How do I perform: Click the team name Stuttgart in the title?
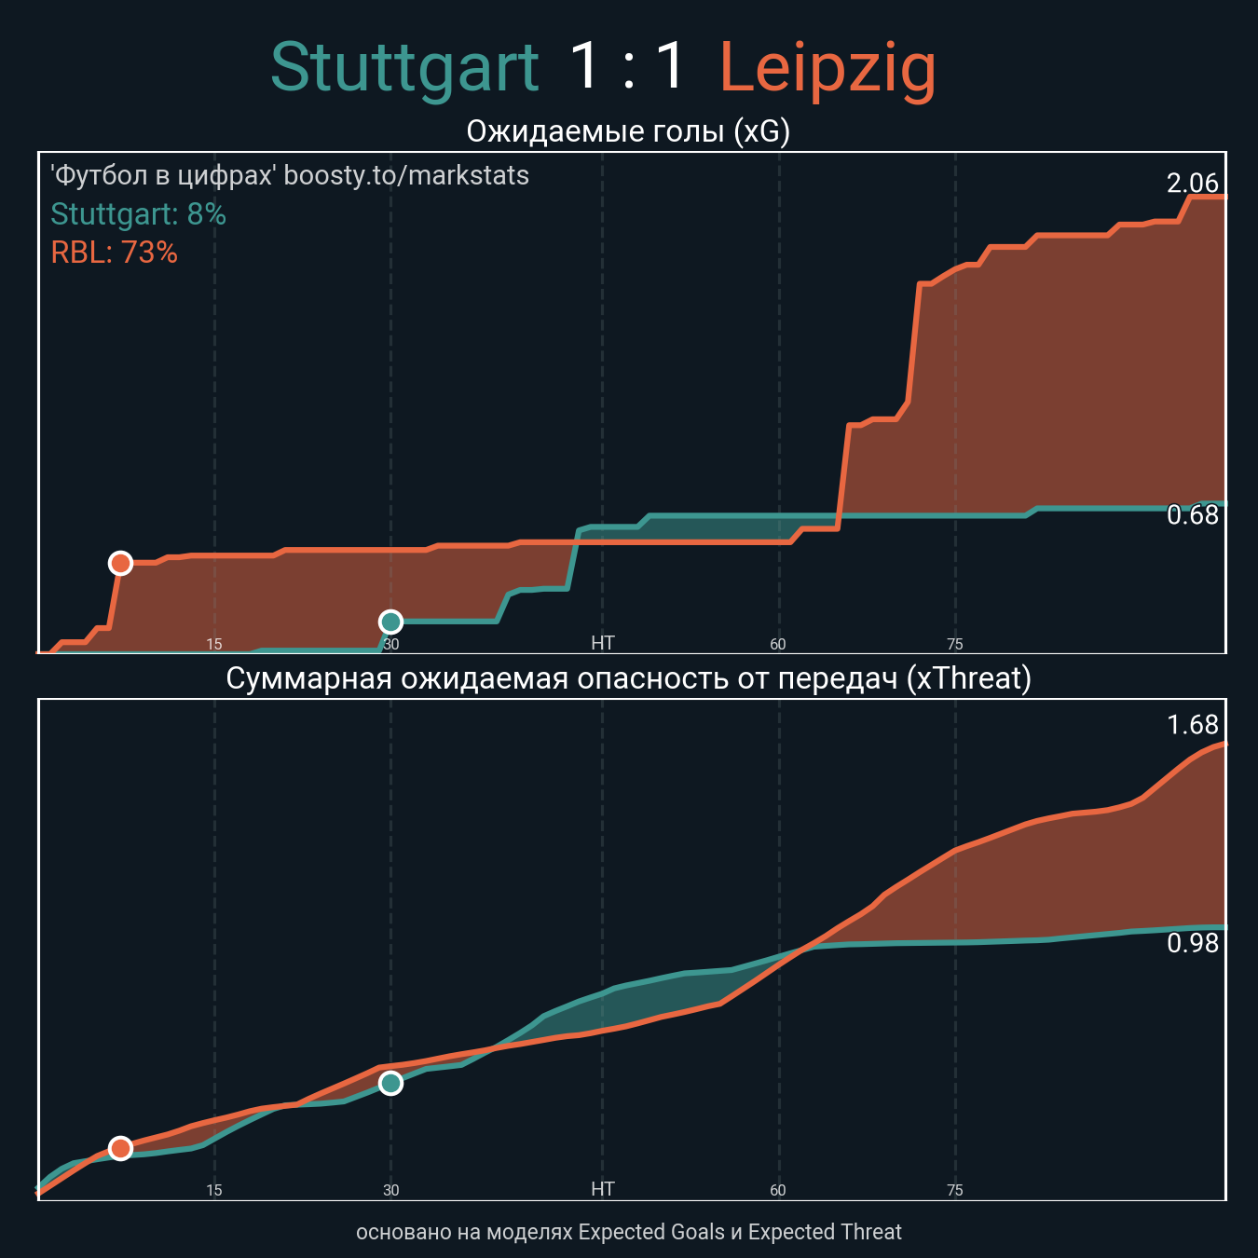[404, 68]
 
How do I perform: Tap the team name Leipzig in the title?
[827, 68]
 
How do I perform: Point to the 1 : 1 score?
[628, 67]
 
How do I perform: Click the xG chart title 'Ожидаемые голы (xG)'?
[628, 131]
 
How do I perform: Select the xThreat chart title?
[628, 678]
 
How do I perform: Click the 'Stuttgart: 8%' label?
[138, 214]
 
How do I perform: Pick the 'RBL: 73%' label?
[114, 253]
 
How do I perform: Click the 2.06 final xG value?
[1192, 184]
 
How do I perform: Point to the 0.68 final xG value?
[1192, 515]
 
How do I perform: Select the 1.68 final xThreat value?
[1192, 725]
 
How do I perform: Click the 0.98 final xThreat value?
[1192, 944]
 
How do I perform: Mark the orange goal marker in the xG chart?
[120, 563]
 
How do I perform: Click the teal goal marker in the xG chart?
[390, 622]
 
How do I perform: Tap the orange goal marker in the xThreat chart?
[120, 1148]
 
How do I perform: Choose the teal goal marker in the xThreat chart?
[390, 1083]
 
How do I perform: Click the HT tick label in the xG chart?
[603, 643]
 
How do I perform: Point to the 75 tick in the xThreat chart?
[954, 1190]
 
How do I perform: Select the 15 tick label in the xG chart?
[214, 644]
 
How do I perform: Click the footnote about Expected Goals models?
[628, 1232]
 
